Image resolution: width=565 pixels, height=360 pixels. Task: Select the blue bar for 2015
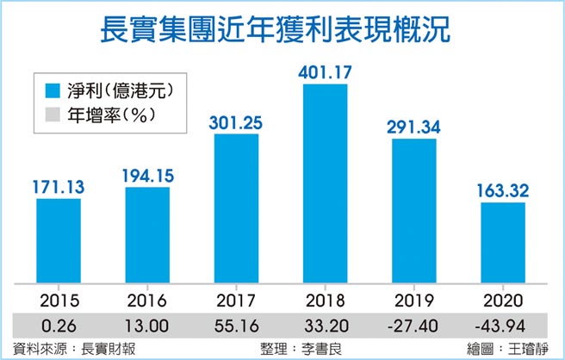58,243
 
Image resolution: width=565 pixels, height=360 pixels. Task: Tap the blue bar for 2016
146,237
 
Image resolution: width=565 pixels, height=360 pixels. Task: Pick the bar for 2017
236,211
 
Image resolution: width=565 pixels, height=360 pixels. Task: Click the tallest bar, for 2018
325,185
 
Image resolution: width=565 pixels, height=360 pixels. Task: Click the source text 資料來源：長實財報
59,349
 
